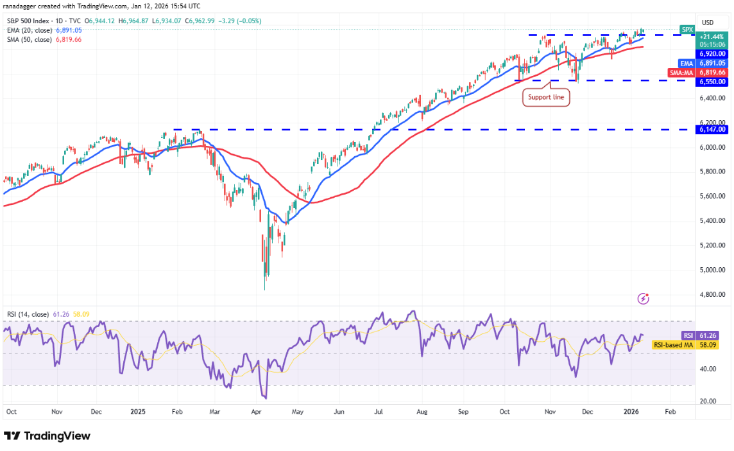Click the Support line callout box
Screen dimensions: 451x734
[545, 98]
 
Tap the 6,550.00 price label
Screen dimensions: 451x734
[712, 82]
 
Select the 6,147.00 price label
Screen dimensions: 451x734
[712, 129]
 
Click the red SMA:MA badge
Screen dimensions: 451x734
[682, 73]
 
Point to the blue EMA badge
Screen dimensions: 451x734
[686, 64]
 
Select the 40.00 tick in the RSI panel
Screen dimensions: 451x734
[708, 369]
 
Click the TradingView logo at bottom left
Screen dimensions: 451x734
[47, 436]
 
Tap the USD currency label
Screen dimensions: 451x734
[708, 22]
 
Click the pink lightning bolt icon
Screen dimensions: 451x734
[644, 298]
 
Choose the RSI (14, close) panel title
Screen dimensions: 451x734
[28, 314]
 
